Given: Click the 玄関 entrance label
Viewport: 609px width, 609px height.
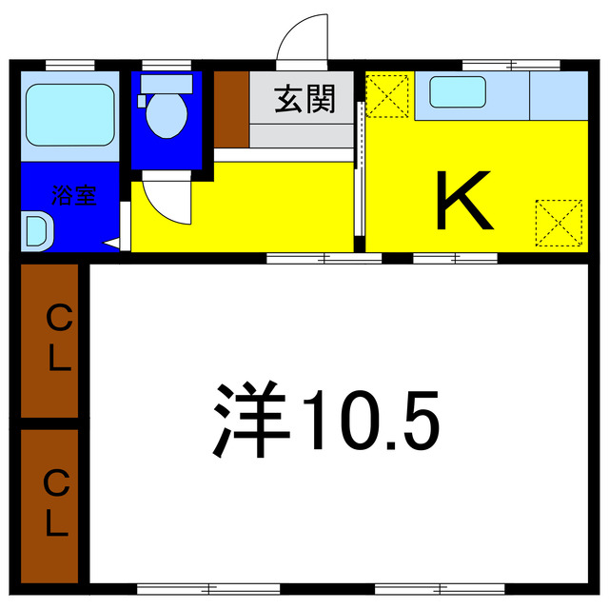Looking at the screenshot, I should (304, 100).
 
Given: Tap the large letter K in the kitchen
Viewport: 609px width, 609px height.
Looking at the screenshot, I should (463, 201).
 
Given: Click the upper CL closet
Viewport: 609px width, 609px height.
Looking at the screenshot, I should (49, 340).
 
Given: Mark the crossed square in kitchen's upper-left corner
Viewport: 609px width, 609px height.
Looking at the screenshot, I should (387, 93).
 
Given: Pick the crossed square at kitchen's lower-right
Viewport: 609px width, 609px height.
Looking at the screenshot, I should (558, 221).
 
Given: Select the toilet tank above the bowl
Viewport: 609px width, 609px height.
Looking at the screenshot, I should (167, 83).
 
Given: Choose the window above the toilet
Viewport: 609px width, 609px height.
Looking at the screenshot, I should (167, 65).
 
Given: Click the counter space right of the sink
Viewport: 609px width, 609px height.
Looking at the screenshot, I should (558, 94).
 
